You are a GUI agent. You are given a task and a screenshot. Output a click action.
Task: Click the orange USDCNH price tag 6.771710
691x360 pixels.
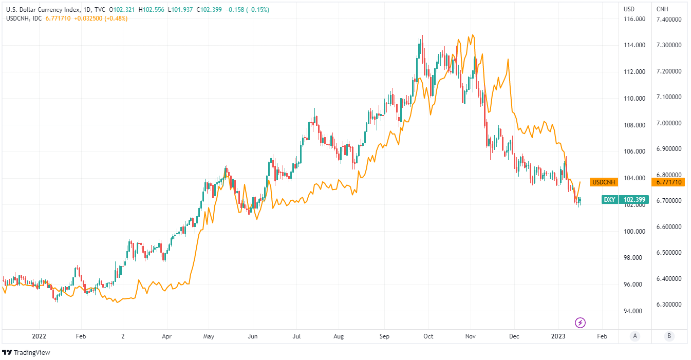[668, 182]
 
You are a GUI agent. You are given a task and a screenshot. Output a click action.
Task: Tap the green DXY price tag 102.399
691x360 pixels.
[634, 200]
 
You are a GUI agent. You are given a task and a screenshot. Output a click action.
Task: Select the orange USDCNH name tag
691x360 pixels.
[604, 182]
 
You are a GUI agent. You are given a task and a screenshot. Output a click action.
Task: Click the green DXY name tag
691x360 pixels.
[609, 200]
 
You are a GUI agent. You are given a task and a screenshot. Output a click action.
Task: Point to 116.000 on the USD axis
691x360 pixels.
[634, 20]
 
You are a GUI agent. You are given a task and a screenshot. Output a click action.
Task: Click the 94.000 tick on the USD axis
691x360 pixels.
[634, 311]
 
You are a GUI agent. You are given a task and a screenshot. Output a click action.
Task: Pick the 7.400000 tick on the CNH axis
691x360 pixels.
[668, 20]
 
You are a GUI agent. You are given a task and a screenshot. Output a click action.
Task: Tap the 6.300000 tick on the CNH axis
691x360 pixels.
[668, 305]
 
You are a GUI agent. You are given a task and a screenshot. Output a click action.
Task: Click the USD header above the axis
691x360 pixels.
[628, 9]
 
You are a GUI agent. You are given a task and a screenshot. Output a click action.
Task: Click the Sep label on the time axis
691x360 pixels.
[385, 336]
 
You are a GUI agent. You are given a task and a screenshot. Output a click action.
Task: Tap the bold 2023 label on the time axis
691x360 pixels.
[558, 336]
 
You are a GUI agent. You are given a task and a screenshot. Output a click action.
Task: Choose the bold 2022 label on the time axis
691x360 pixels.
[39, 336]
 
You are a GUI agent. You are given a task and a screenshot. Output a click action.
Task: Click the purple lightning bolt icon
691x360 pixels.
[580, 323]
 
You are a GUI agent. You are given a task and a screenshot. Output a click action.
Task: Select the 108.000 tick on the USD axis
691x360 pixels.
[634, 125]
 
